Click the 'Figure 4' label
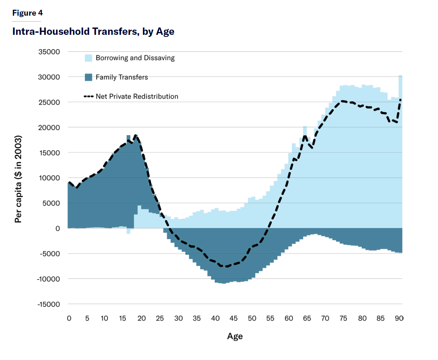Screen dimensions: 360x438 point(28,13)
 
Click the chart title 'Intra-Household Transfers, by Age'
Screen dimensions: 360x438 point(93,31)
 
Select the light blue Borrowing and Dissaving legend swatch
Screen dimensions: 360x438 point(89,58)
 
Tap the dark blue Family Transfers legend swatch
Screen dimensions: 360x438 point(89,77)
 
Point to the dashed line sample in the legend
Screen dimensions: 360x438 point(89,96)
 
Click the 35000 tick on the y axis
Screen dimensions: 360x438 point(49,52)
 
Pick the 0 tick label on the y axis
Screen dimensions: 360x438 point(57,228)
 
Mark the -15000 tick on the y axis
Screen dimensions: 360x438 point(48,304)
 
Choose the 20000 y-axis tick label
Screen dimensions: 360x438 point(49,128)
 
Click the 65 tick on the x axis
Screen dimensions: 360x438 point(307,318)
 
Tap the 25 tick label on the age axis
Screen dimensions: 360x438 point(160,318)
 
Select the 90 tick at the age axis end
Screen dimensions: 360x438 point(399,318)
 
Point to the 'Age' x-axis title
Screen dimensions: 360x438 point(235,336)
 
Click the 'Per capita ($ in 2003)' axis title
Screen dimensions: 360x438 point(18,179)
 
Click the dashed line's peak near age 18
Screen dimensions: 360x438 point(136,135)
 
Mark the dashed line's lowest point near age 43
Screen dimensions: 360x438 point(226,267)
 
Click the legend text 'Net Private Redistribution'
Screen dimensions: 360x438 point(137,96)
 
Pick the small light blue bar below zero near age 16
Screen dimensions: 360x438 point(128,231)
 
